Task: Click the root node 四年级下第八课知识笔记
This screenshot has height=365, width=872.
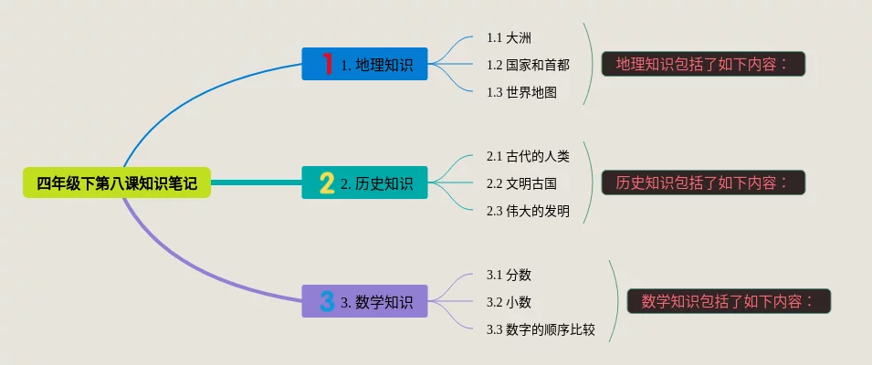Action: tap(116, 183)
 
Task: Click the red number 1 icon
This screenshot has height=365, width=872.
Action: tap(327, 64)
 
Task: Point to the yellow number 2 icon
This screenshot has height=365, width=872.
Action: tap(327, 183)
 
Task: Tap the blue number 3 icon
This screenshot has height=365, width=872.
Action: tap(327, 301)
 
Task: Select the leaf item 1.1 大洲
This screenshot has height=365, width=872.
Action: tap(509, 37)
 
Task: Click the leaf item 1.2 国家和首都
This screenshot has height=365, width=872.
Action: tap(528, 65)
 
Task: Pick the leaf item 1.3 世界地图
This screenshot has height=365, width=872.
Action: tap(521, 92)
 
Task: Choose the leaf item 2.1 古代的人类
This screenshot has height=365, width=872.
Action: tap(528, 156)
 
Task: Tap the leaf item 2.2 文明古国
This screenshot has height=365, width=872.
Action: tap(521, 183)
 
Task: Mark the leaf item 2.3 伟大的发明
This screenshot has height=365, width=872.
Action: tap(528, 211)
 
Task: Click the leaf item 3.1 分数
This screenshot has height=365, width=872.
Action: tap(509, 275)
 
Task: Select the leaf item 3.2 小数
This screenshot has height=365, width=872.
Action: tap(509, 302)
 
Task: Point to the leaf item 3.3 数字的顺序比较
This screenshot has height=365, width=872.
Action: tap(541, 329)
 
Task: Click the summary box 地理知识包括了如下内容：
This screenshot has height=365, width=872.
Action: tap(703, 64)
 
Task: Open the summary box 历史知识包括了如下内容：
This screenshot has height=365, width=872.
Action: tap(703, 182)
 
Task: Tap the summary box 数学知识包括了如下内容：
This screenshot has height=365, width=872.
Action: tap(729, 300)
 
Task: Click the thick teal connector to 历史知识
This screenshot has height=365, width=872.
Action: tap(256, 183)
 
